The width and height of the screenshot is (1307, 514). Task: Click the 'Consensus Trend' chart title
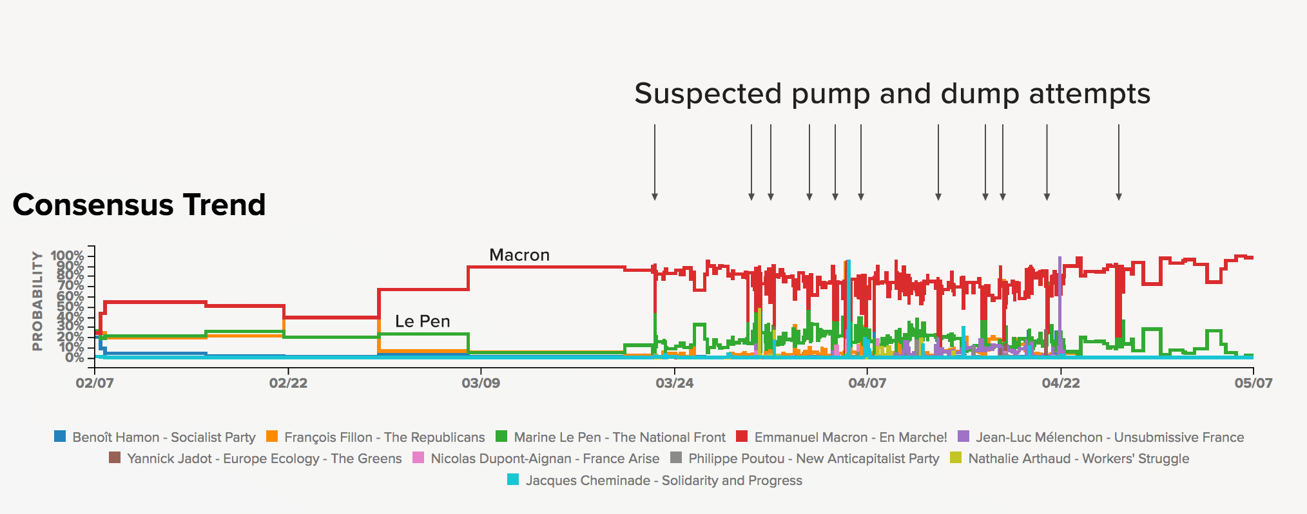click(x=139, y=205)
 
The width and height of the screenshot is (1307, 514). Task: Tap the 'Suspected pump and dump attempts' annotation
click(x=892, y=94)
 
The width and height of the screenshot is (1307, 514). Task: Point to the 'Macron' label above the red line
click(x=519, y=255)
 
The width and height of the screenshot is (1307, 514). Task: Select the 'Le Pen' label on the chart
click(x=422, y=321)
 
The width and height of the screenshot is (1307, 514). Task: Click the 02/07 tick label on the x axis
click(x=95, y=383)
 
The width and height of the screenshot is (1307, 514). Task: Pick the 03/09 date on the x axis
click(x=481, y=383)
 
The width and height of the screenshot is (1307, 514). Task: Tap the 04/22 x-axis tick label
click(x=1060, y=383)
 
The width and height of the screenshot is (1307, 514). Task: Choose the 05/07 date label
click(x=1253, y=383)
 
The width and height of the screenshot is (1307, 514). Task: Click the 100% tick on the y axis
click(x=67, y=256)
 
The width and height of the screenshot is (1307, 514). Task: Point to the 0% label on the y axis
click(x=74, y=357)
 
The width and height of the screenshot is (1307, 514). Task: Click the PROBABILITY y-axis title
click(x=37, y=301)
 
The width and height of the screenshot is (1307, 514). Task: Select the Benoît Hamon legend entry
click(x=164, y=437)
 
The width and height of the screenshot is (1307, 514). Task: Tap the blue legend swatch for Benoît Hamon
click(x=60, y=437)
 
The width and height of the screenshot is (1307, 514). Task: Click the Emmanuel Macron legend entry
click(x=850, y=437)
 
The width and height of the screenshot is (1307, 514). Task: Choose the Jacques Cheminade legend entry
click(x=663, y=481)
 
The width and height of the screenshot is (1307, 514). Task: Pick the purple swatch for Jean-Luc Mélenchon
click(x=963, y=437)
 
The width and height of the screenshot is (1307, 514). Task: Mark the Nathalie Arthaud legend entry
click(x=1078, y=459)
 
